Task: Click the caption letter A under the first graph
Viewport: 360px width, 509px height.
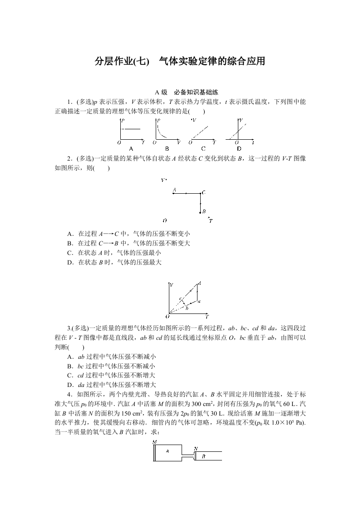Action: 131,148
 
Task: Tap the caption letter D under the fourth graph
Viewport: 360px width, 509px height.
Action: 239,148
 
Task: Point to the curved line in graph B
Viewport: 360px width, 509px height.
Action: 161,132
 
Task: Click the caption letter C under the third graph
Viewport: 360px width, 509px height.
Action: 203,148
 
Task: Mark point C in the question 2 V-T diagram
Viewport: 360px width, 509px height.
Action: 200,193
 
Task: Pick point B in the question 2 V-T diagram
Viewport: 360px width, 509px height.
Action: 200,212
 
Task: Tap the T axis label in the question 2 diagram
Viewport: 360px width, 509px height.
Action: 211,221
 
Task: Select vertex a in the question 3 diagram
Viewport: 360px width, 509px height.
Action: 198,301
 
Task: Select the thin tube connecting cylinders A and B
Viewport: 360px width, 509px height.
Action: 187,454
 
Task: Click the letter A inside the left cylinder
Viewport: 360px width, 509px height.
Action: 168,451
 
